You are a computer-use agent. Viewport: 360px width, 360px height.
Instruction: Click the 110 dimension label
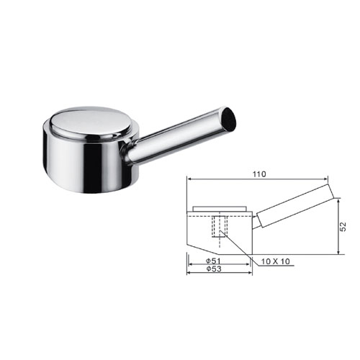coord(259,174)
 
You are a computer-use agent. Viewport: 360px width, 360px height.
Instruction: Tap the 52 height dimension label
coord(343,227)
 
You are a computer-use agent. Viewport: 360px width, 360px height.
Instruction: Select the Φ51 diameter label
coord(213,261)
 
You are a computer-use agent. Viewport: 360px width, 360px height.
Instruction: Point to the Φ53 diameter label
coord(214,269)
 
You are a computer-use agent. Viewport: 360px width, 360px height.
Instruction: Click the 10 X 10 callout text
coord(276,261)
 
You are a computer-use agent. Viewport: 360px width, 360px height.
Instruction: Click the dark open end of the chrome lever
coord(229,119)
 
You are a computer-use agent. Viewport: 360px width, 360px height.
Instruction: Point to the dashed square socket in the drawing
coord(220,226)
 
